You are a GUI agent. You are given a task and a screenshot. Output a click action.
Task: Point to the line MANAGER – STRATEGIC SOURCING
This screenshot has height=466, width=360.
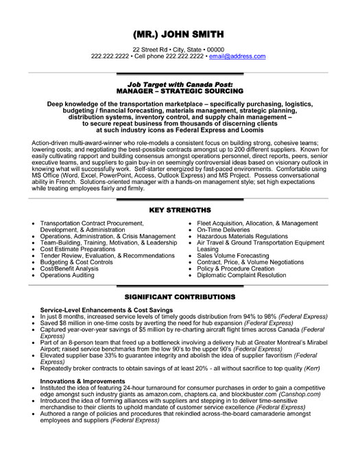pyautogui.click(x=180, y=89)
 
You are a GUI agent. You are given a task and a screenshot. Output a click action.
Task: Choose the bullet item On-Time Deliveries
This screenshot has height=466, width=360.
pyautogui.click(x=224, y=230)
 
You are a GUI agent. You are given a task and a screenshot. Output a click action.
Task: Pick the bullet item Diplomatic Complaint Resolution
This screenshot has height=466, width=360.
pyautogui.click(x=241, y=275)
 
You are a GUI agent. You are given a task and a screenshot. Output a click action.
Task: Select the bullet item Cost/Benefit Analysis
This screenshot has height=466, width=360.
pyautogui.click(x=69, y=268)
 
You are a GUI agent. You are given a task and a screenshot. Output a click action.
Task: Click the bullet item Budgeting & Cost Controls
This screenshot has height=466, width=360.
pyautogui.click(x=76, y=262)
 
